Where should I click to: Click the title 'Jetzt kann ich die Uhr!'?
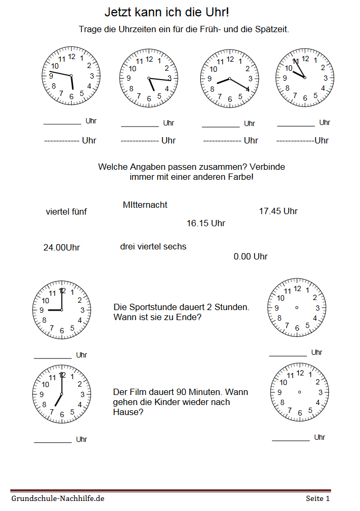167,12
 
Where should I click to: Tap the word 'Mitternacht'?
145,205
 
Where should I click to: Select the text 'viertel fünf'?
66,212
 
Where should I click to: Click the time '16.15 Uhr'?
206,224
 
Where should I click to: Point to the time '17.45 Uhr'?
278,211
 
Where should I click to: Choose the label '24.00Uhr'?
62,247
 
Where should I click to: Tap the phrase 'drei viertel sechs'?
153,246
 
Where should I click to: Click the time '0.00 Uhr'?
250,257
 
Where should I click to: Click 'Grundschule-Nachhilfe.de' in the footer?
58,498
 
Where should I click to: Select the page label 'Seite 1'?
318,498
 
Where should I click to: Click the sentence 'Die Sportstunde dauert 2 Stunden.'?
181,307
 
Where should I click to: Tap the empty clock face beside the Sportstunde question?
297,307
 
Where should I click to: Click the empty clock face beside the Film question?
299,392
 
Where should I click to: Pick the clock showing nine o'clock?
62,310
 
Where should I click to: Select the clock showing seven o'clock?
62,394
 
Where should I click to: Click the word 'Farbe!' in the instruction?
241,177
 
